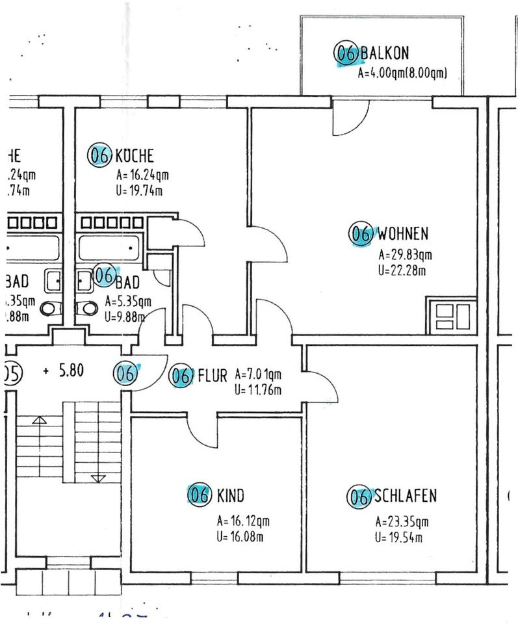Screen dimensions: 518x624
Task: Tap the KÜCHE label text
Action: click(x=134, y=156)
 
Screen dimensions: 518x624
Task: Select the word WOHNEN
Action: click(x=404, y=233)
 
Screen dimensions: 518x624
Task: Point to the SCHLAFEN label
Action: click(x=405, y=497)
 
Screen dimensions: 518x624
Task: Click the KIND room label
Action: click(x=231, y=497)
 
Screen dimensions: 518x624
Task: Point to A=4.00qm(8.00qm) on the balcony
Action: click(x=403, y=73)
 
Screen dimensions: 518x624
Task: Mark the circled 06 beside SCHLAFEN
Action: click(x=359, y=497)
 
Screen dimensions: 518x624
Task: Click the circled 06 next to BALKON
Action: click(x=346, y=53)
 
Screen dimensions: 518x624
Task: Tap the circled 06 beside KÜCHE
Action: click(x=100, y=155)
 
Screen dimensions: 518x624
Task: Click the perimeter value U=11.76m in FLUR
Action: click(x=257, y=391)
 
